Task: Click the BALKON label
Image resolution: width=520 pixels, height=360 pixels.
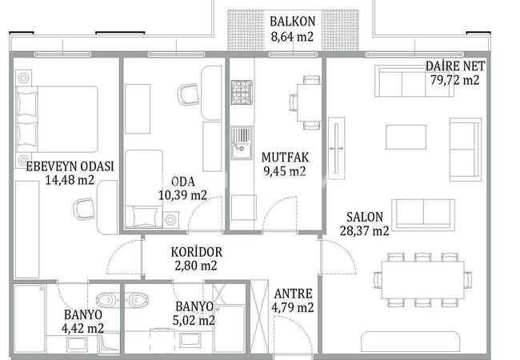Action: tap(292, 22)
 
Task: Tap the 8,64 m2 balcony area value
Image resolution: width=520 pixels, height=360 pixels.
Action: tap(292, 36)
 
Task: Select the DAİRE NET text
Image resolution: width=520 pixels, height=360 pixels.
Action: tap(455, 66)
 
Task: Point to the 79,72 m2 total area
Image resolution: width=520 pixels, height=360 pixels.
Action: tap(455, 80)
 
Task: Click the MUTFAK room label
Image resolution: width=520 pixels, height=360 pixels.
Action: tap(285, 157)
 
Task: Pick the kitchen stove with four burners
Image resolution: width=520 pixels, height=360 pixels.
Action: tap(242, 92)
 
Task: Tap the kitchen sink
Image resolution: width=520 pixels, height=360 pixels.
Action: tap(242, 142)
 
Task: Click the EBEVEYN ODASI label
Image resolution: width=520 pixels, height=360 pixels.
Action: tap(70, 166)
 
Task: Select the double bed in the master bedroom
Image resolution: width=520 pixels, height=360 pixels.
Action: tap(57, 119)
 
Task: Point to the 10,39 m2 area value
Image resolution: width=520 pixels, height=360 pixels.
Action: tap(182, 195)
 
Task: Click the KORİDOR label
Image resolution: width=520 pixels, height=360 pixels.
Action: tap(196, 252)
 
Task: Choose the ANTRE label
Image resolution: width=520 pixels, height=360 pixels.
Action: tap(293, 294)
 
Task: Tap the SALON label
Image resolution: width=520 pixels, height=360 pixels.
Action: tap(365, 217)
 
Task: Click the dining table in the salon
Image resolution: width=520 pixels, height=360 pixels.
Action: tap(423, 280)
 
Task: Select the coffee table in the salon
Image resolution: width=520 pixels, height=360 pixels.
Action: tap(406, 137)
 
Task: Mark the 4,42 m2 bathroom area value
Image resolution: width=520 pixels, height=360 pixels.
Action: tap(82, 329)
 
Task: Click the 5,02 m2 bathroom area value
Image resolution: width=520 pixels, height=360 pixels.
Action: tap(194, 320)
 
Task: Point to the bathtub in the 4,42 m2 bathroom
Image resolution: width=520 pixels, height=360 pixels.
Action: tap(30, 318)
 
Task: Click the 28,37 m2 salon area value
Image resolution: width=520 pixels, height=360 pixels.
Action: tap(365, 230)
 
